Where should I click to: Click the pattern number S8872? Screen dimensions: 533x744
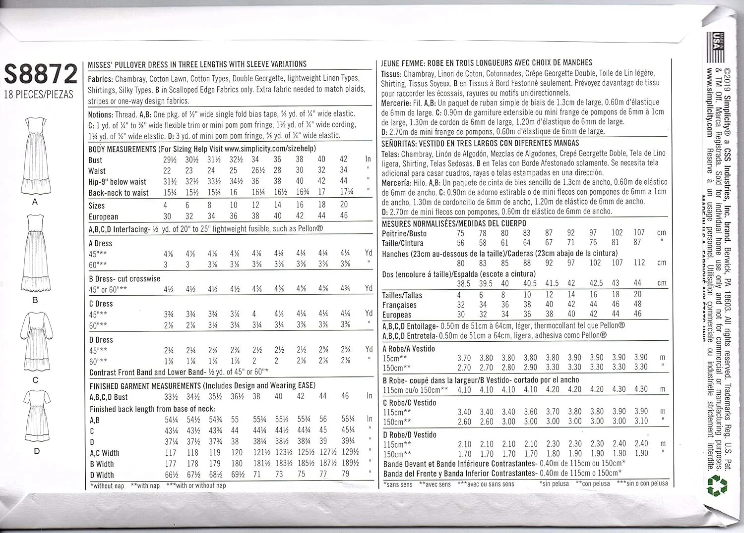click(41, 74)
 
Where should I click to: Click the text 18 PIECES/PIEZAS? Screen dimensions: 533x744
click(39, 94)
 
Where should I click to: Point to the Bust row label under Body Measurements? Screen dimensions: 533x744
click(95, 160)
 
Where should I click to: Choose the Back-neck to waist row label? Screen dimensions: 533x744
click(119, 193)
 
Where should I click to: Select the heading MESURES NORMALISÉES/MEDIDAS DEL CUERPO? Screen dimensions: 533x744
click(454, 223)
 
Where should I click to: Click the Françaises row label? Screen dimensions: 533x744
click(399, 305)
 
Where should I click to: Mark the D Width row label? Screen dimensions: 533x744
click(102, 475)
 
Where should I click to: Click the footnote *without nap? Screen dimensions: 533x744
click(107, 486)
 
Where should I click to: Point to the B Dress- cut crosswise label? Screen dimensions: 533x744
click(124, 279)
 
